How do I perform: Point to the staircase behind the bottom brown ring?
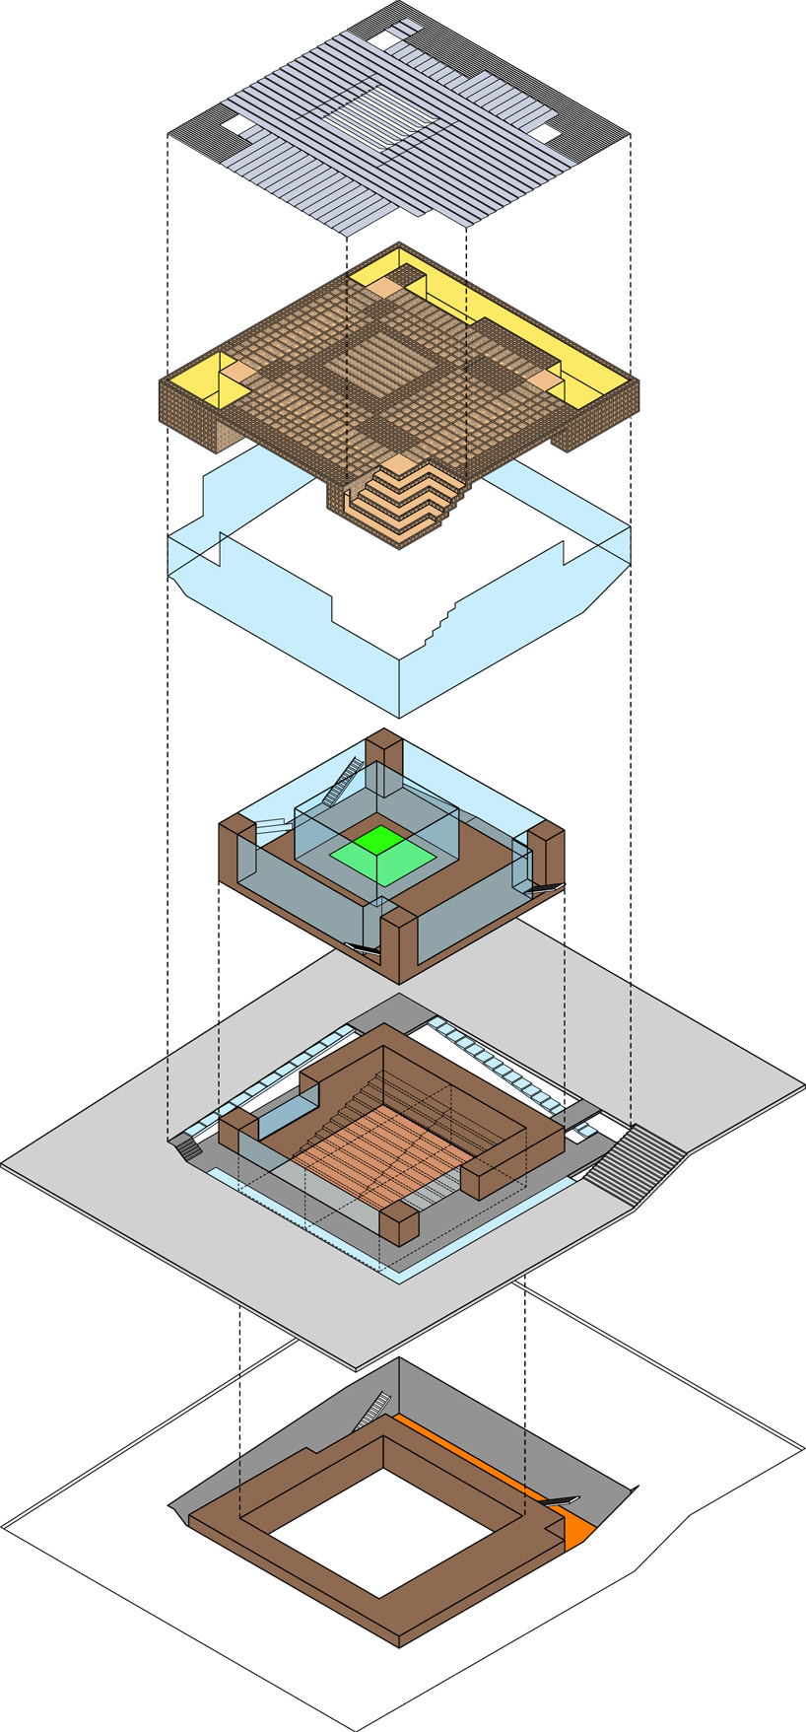[x=372, y=1410]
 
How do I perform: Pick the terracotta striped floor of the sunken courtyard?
[x=379, y=1153]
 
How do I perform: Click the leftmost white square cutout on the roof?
[x=235, y=125]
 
